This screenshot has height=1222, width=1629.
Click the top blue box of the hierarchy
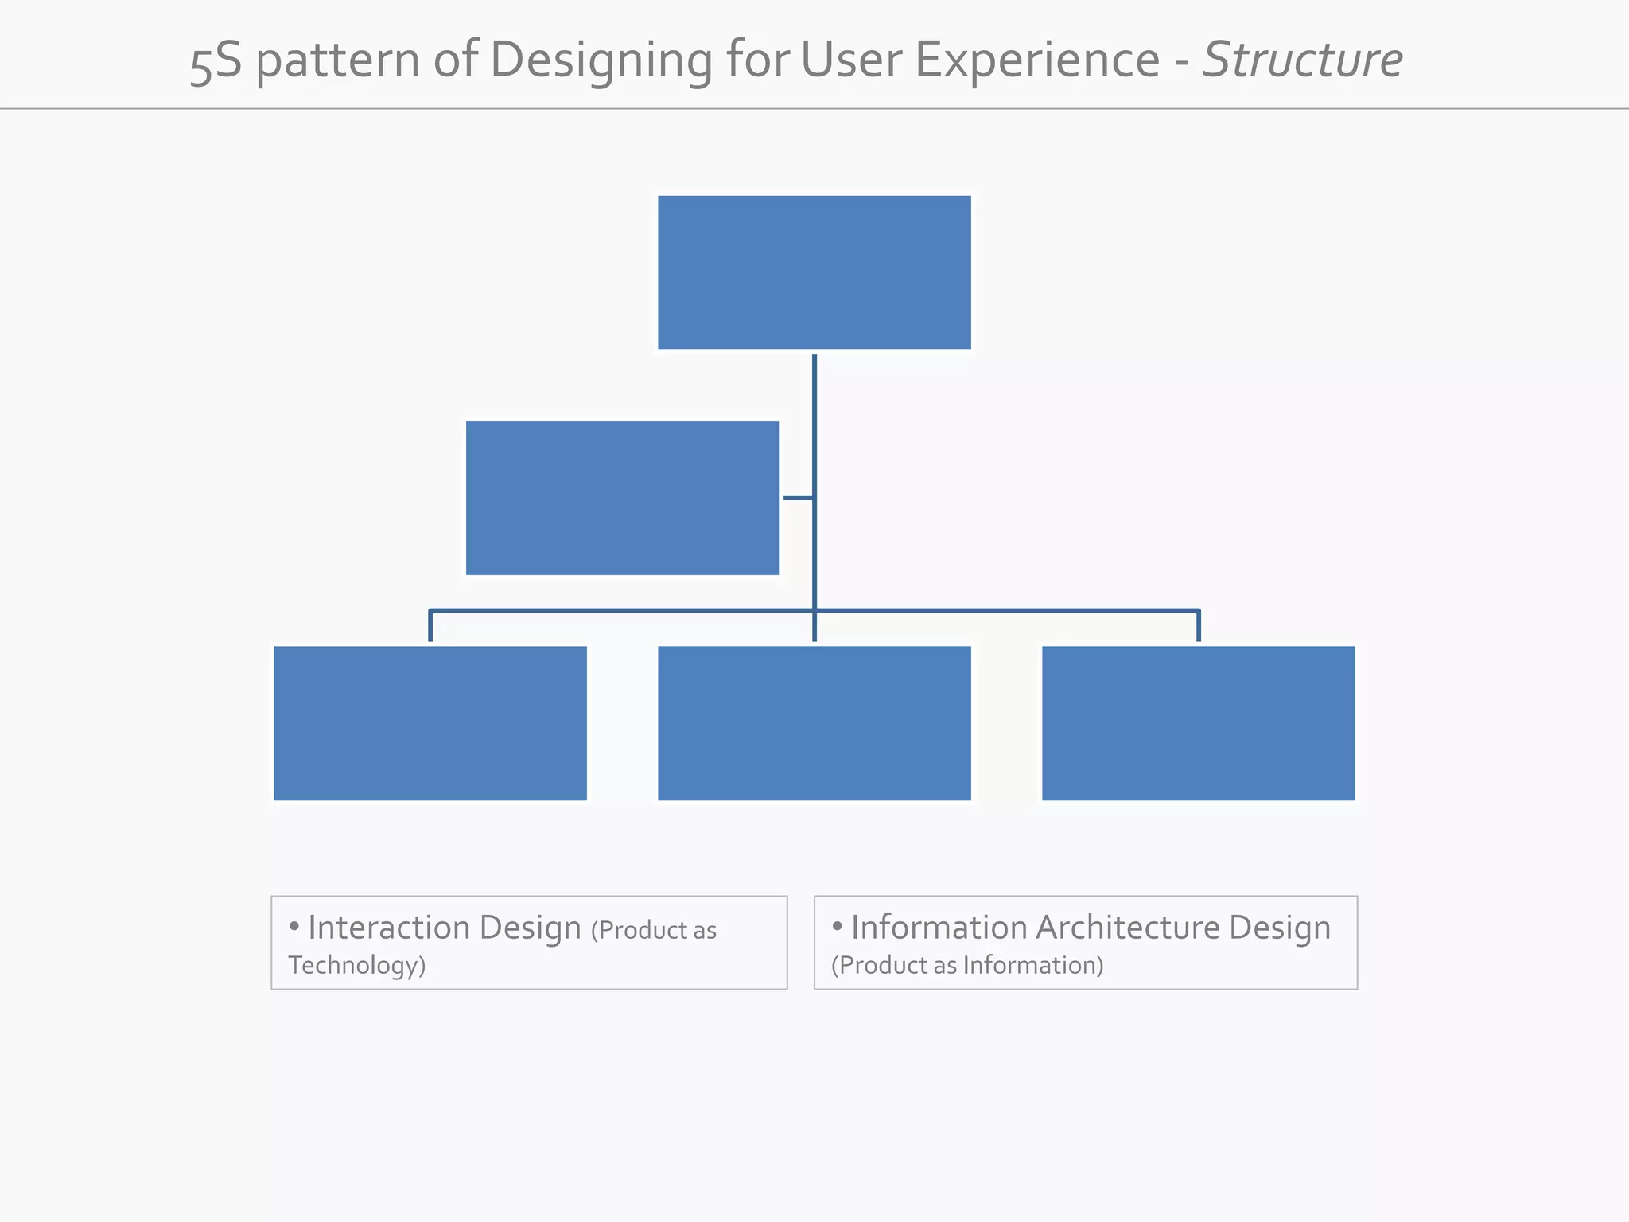click(814, 272)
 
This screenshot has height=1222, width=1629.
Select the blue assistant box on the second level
click(622, 497)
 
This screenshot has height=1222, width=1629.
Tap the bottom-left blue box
click(430, 722)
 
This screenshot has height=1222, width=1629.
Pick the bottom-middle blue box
click(814, 722)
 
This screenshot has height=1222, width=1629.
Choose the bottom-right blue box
click(1198, 722)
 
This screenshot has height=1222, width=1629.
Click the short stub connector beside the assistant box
click(798, 498)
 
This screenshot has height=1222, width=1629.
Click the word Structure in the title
click(1302, 60)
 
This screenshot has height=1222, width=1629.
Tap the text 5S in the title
click(216, 60)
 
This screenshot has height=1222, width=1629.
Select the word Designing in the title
click(601, 60)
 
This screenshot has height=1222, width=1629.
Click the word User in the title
click(852, 60)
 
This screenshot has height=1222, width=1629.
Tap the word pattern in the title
click(337, 60)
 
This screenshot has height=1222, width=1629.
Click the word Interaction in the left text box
click(389, 928)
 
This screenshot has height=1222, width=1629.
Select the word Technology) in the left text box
click(357, 965)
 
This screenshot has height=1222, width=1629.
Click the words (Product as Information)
click(967, 965)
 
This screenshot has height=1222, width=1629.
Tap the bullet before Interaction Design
click(294, 926)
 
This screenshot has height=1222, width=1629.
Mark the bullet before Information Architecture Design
click(837, 926)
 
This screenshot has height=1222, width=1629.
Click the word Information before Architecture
click(939, 928)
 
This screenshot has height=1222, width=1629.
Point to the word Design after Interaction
click(530, 928)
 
